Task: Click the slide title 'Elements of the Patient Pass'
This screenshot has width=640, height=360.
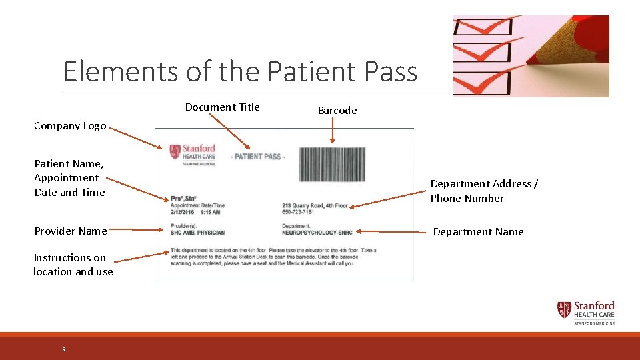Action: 240,71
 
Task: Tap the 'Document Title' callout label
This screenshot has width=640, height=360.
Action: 222,107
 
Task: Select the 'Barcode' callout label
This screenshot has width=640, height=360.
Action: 337,111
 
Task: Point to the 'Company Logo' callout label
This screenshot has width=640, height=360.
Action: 70,126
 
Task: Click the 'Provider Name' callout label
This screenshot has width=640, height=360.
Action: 70,231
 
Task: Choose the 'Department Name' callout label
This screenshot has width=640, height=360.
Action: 478,232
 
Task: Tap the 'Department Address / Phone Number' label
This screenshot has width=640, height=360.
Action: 484,191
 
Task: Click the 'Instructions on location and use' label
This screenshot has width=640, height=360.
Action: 73,265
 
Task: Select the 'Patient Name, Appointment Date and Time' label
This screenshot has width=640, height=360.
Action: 69,178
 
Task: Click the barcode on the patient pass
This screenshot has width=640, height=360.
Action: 332,164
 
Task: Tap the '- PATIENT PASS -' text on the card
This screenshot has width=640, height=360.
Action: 257,157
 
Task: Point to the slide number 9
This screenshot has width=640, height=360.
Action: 64,349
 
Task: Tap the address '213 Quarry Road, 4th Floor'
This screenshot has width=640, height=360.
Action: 315,206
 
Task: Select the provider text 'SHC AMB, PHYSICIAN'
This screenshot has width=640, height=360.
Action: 197,233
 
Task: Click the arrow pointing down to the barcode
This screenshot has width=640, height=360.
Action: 332,132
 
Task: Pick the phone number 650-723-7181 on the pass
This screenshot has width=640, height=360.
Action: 299,213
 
